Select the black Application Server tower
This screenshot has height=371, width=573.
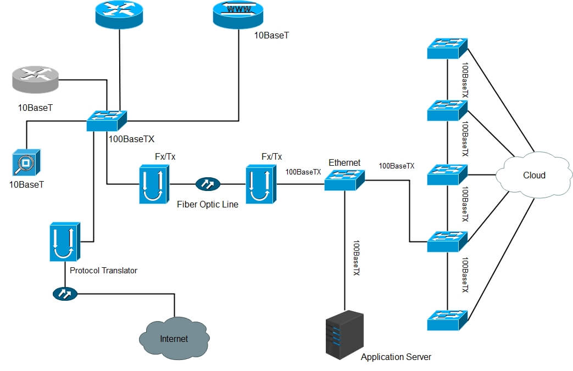(344, 335)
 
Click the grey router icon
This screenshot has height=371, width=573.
(35, 80)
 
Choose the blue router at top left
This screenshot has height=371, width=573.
(119, 14)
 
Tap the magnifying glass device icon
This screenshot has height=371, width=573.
(26, 162)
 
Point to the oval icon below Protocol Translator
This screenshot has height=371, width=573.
(65, 294)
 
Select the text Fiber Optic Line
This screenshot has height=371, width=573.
(208, 205)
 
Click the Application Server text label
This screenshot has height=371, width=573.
(396, 357)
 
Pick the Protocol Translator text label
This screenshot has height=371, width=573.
(103, 271)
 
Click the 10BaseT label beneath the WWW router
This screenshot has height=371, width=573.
(271, 36)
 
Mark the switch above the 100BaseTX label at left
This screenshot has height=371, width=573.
(107, 121)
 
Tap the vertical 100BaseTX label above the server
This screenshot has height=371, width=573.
(355, 258)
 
